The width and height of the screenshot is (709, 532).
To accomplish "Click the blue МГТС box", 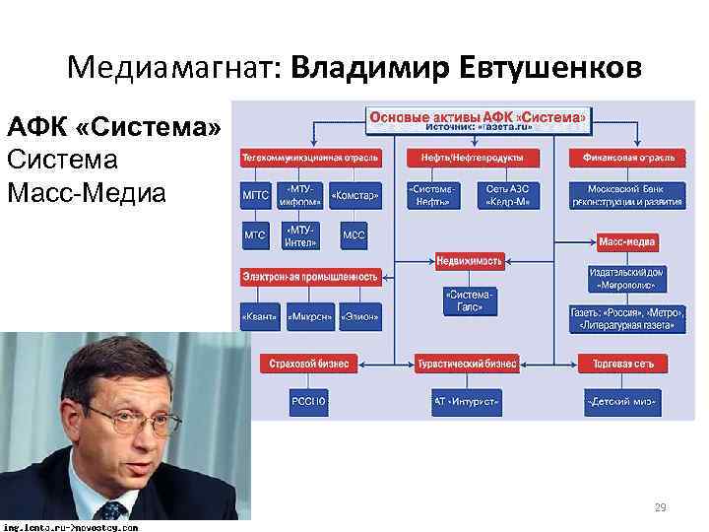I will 255,195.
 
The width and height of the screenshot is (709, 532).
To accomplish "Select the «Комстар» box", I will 354,195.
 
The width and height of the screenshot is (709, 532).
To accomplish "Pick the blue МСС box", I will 354,236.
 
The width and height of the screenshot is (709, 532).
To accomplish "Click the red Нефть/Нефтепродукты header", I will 473,157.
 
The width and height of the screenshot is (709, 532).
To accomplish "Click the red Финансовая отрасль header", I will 627,157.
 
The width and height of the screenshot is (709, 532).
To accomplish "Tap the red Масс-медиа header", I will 627,241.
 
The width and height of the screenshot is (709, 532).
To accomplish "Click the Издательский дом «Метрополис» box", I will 627,278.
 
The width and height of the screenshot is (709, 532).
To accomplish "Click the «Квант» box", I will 258,316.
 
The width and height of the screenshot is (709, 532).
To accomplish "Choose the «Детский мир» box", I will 621,402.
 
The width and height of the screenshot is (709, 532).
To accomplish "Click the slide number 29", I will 660,508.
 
